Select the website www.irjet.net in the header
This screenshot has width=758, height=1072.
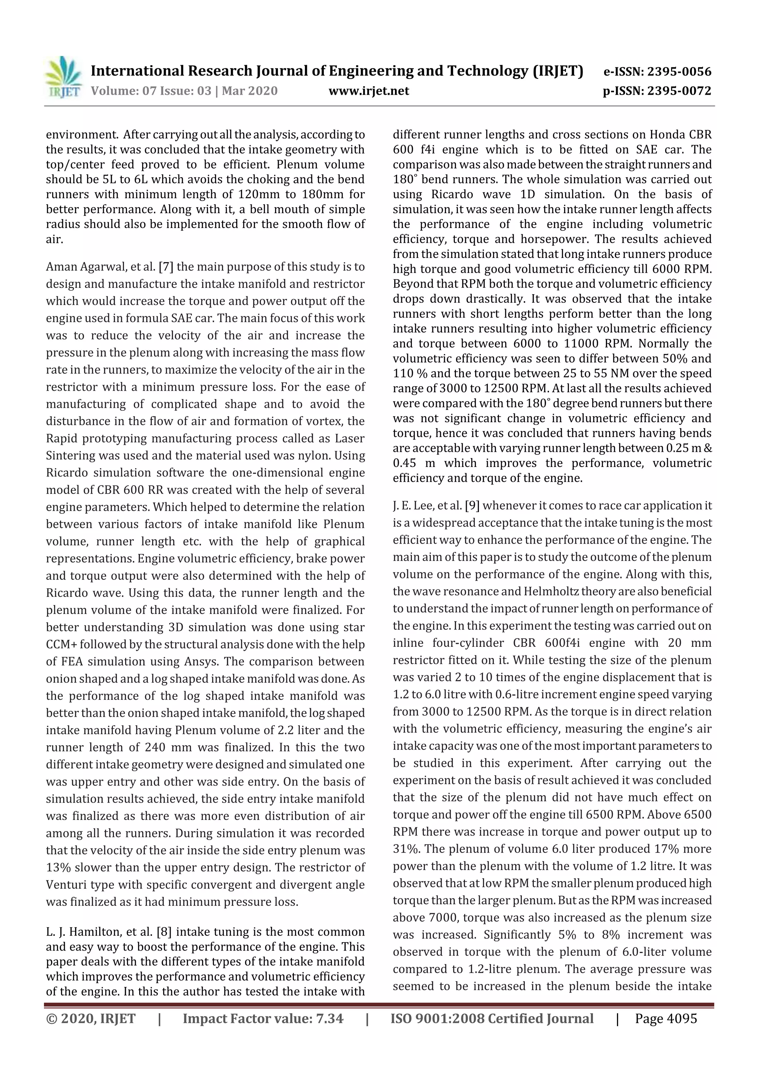click(369, 91)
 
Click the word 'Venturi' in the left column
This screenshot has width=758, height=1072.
click(64, 885)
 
